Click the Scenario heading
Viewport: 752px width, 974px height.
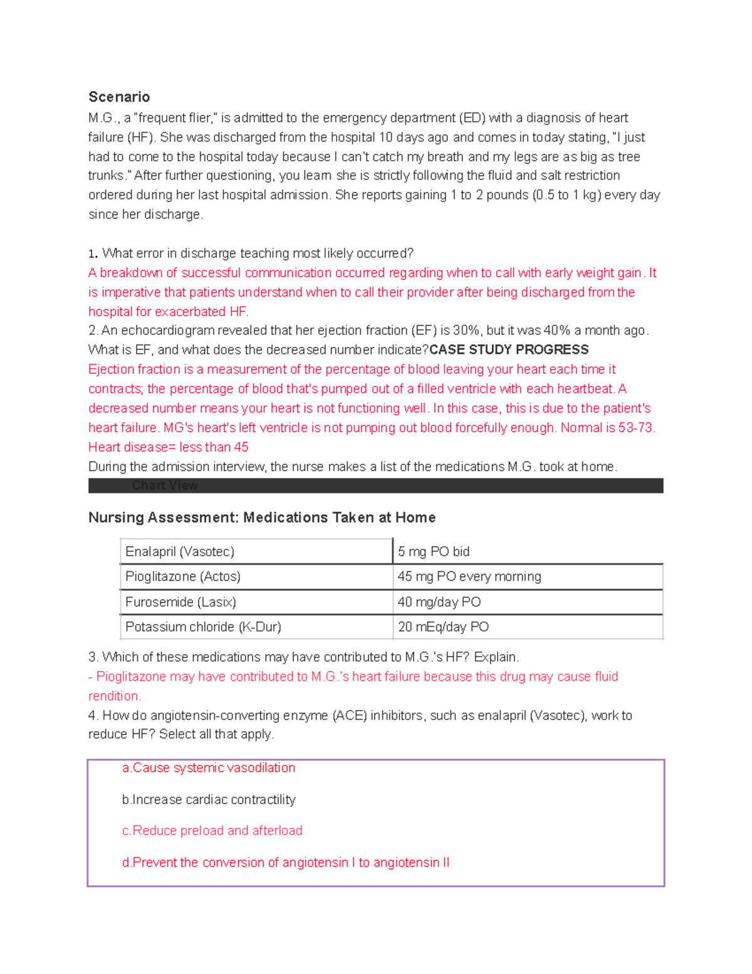coord(119,97)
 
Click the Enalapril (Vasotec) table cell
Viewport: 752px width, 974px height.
coord(180,551)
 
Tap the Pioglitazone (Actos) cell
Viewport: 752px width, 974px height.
coord(183,576)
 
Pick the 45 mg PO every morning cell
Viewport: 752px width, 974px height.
coord(469,576)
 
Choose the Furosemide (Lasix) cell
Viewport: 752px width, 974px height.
coord(180,602)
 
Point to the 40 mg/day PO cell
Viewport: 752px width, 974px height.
coord(439,602)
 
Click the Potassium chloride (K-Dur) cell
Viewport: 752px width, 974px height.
coord(203,627)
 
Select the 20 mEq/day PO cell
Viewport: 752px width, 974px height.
coord(443,627)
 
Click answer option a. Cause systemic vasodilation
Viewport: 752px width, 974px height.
coord(209,768)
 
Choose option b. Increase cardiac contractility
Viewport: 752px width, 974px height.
coord(209,800)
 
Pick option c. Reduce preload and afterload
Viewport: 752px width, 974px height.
coord(212,830)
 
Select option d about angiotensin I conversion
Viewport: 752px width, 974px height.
coord(286,862)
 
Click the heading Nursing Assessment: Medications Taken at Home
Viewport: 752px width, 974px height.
coord(262,517)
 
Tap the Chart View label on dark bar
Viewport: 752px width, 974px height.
coord(165,485)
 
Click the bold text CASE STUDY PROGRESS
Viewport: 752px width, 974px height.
coord(509,350)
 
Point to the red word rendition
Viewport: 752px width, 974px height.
coord(115,696)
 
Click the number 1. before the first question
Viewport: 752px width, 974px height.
coord(93,254)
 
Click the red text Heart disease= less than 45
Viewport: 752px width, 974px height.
coord(168,447)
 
